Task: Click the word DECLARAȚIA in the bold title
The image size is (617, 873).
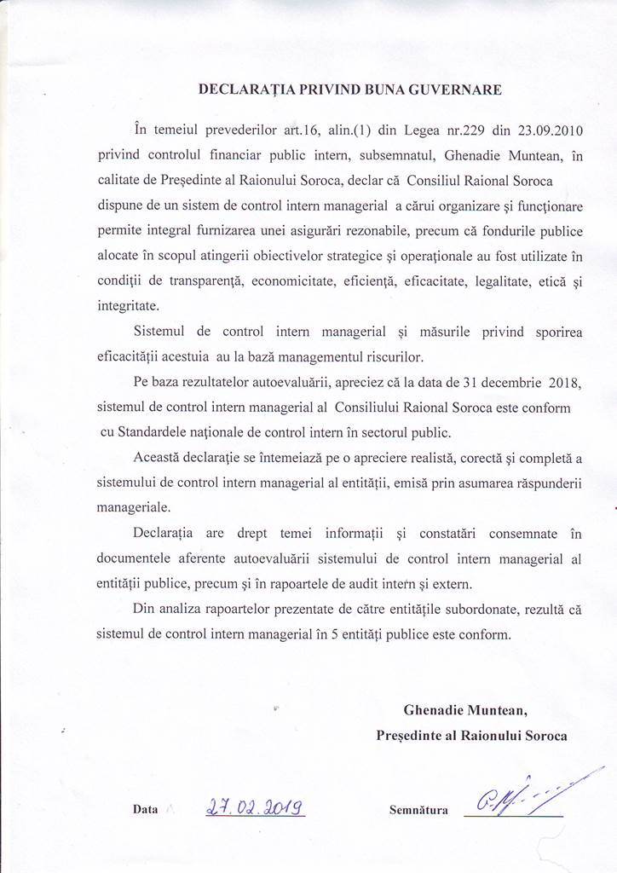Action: coord(241,89)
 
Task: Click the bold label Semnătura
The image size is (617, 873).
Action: coord(418,810)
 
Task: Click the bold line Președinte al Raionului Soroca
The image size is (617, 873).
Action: coord(471,735)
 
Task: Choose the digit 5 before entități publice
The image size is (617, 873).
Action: coord(328,634)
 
